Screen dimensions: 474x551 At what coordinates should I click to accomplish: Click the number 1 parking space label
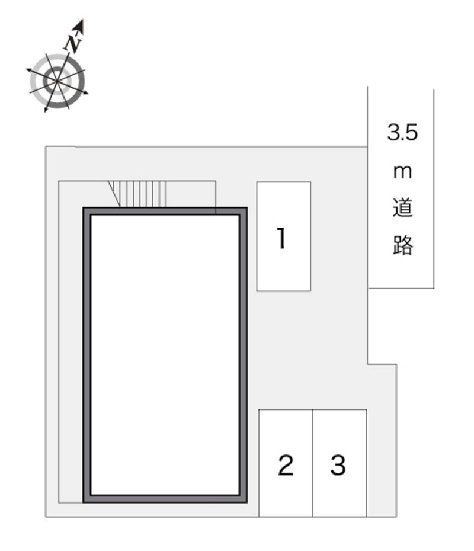[x=282, y=239]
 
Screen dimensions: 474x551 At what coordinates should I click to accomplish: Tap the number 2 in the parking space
[x=286, y=465]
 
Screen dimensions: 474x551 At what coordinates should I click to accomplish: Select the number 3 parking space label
[x=338, y=465]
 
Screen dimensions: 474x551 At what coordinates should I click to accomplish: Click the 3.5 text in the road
[x=402, y=132]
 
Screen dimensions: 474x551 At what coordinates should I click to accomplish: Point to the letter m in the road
[x=402, y=172]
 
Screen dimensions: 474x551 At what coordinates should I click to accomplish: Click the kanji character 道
[x=402, y=208]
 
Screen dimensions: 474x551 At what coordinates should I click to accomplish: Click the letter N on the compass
[x=72, y=43]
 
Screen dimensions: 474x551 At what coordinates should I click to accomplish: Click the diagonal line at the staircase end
[x=114, y=194]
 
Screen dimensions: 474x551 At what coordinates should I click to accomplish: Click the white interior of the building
[x=165, y=354]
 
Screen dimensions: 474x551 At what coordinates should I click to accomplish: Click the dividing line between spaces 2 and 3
[x=313, y=463]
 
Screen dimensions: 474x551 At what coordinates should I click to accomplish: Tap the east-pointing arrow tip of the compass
[x=87, y=93]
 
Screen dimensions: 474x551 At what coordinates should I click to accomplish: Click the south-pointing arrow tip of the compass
[x=46, y=110]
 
